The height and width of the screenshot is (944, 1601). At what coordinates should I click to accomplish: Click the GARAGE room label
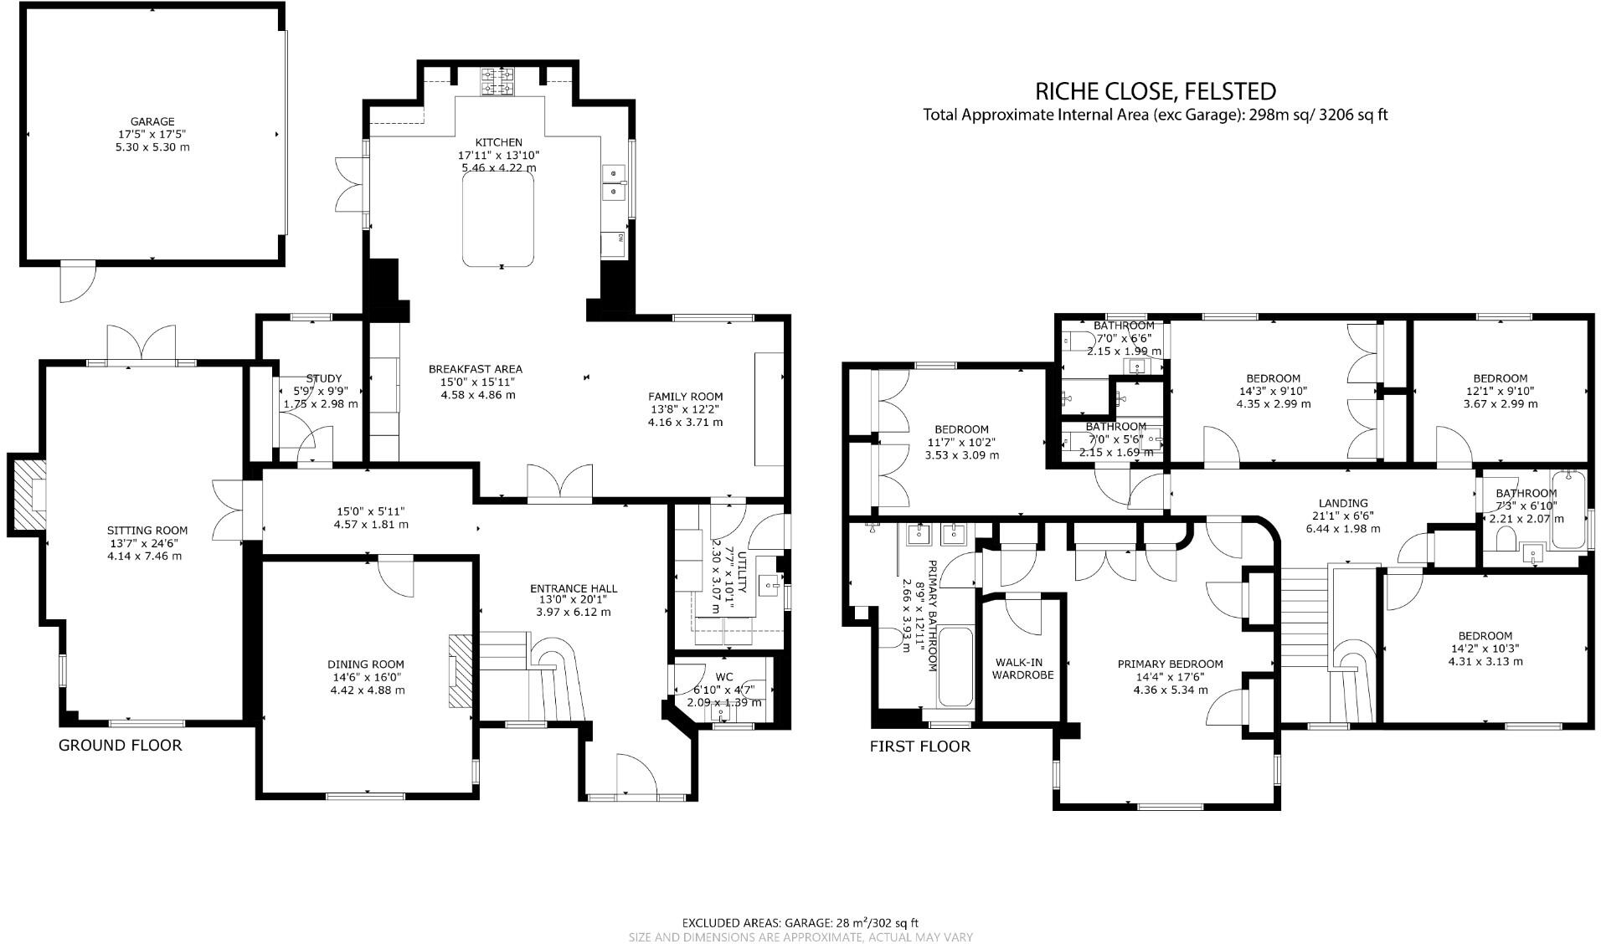coord(152,121)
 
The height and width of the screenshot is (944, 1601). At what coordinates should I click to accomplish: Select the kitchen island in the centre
coord(499,223)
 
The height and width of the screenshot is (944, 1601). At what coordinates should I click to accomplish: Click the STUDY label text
coord(323,378)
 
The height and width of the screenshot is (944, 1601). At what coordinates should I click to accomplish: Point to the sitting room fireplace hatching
coord(28,495)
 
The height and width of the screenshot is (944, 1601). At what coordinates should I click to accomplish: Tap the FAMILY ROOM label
coord(685,397)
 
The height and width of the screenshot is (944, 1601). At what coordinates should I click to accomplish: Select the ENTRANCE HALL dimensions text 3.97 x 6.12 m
coord(574,612)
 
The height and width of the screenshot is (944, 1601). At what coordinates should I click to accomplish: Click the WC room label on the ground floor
coord(724,677)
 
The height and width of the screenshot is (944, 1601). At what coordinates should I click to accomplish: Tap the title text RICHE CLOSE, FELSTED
coord(1156,90)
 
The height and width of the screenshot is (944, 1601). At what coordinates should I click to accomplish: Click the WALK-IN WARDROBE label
coord(1022,668)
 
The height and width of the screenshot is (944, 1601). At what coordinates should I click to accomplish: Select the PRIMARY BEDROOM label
coord(1170,664)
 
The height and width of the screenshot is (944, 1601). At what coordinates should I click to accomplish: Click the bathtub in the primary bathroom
coord(955,668)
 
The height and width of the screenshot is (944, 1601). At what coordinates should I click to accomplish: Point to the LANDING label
coord(1343,503)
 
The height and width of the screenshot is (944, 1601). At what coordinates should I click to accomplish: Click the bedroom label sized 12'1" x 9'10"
coord(1500,378)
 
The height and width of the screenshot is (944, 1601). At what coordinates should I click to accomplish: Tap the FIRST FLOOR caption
coord(919,746)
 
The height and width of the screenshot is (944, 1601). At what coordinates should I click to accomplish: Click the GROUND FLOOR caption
coord(120,745)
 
